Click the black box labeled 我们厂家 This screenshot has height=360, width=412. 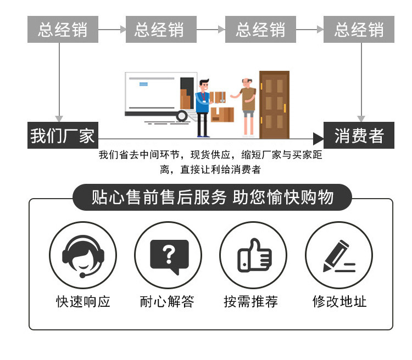pos(62,135)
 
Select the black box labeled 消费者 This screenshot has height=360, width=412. pos(359,135)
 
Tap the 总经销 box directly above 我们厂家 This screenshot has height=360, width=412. pos(62,30)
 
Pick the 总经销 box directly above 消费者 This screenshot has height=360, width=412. pos(359,30)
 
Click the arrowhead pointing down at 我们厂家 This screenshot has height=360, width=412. pos(59,118)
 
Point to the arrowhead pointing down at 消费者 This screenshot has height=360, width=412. pos(361,118)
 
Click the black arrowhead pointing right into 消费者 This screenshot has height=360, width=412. pos(318,138)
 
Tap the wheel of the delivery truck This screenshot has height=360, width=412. pos(182,116)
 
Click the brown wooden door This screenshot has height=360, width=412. pos(274,104)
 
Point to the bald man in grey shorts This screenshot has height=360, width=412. pos(248,104)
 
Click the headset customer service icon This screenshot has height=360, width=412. pos(82,256)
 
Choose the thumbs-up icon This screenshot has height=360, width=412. pos(253,256)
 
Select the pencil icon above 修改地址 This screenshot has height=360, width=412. pos(338,256)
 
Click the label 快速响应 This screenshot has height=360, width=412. pos(83,301)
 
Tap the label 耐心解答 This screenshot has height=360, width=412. pos(167,301)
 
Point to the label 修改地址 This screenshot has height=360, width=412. pos(339,301)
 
